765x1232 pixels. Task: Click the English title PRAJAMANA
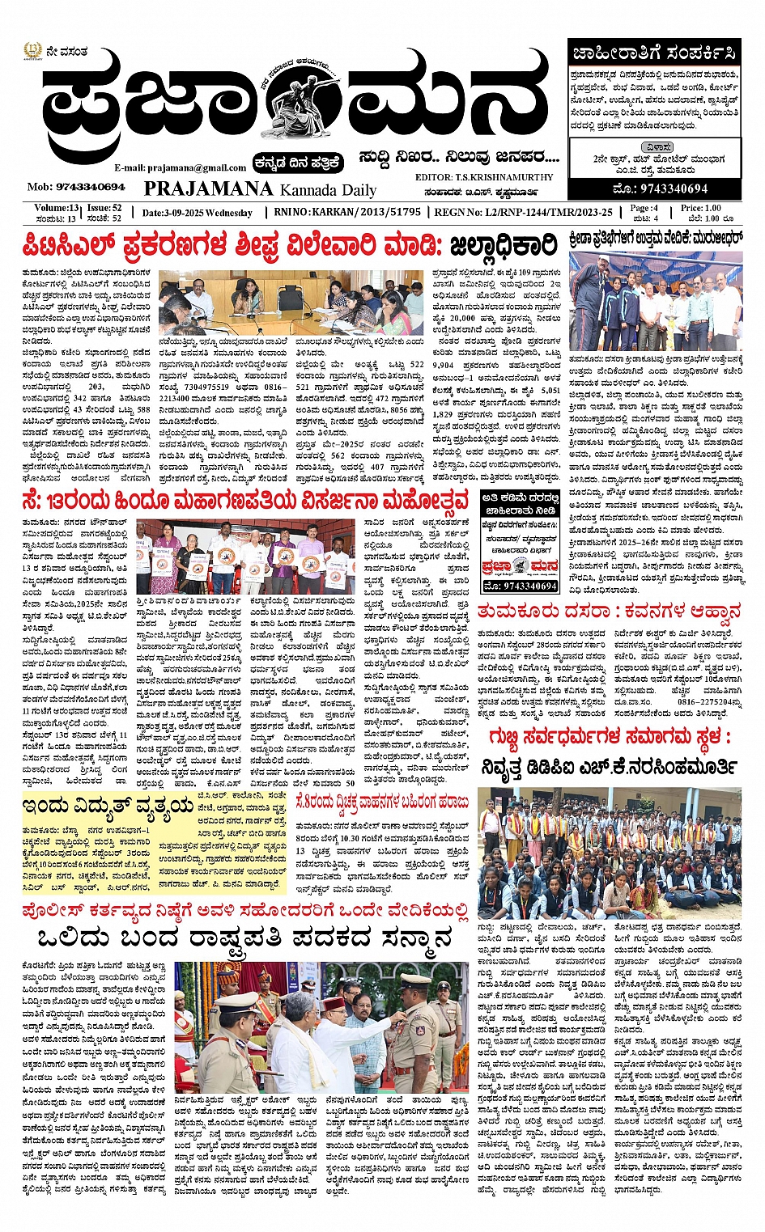coord(208,188)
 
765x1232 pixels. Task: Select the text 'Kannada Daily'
coord(328,190)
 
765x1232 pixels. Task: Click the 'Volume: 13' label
coord(57,208)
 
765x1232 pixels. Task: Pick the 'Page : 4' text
coord(645,208)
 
